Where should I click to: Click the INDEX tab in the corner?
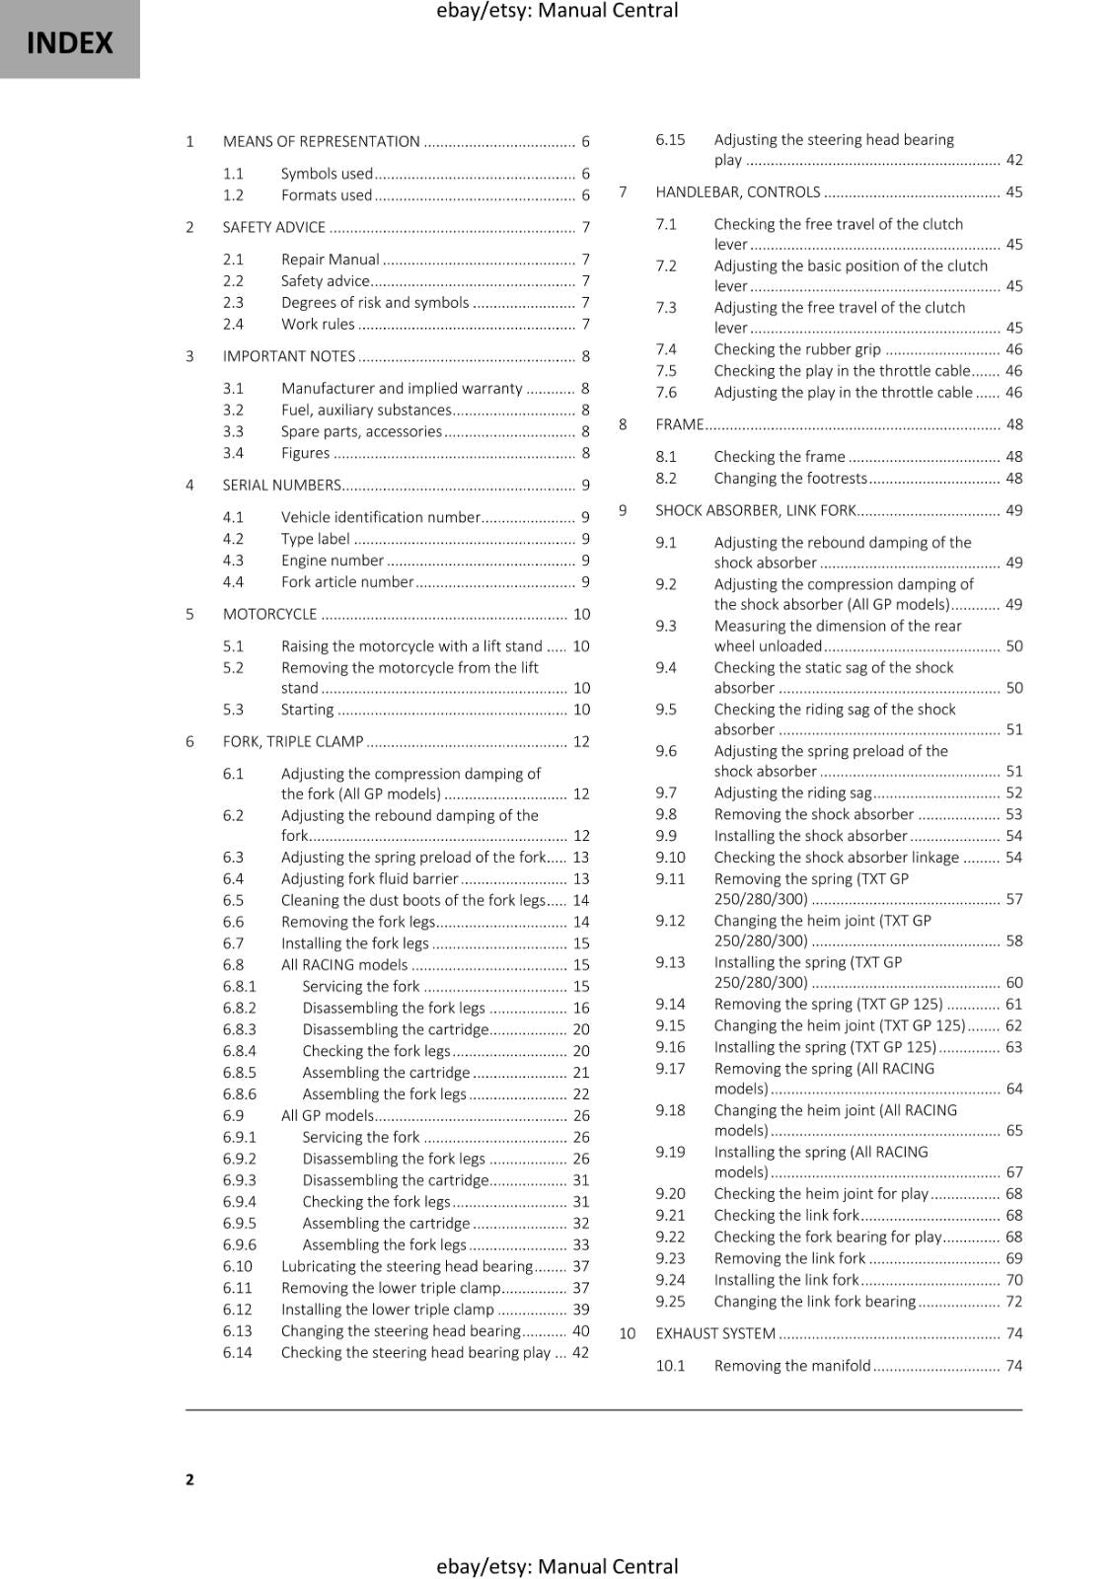69,41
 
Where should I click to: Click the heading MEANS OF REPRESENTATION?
321,141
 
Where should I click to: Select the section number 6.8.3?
239,1029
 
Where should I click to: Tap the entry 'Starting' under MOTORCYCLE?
307,710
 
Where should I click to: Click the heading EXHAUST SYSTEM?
714,1333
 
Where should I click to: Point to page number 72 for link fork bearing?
1013,1302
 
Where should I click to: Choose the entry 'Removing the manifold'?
791,1366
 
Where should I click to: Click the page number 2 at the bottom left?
189,1478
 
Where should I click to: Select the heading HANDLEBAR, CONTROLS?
737,192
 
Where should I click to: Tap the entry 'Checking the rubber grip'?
796,349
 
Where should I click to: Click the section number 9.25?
670,1302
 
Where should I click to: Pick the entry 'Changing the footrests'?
789,479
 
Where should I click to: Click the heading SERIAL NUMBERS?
281,486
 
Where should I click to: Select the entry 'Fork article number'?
346,582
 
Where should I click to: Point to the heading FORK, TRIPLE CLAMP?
292,742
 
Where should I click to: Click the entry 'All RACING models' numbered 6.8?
343,965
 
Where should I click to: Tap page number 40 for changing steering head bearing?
580,1331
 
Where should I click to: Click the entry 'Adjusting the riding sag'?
792,792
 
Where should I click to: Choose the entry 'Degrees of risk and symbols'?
374,303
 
